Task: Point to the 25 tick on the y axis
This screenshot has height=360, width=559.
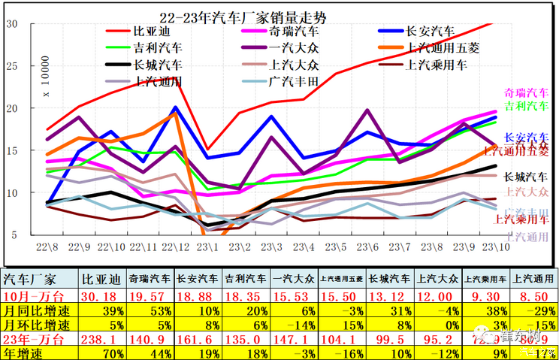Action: coord(12,65)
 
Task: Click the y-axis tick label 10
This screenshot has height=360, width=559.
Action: coord(12,192)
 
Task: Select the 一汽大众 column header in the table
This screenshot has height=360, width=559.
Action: coord(295,277)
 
